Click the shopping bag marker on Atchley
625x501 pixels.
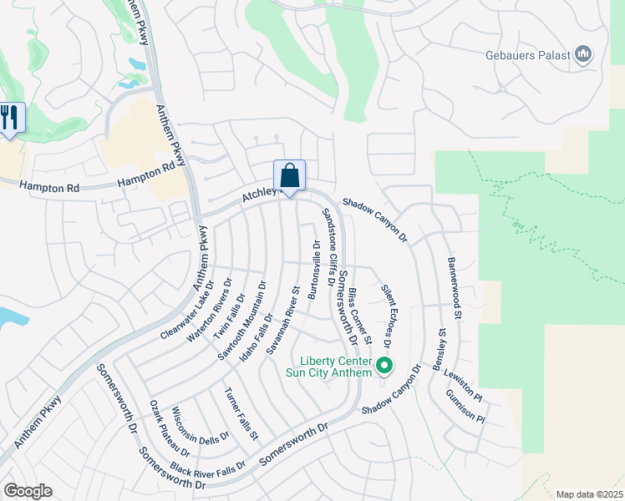point(289,177)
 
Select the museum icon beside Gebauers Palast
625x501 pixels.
point(583,56)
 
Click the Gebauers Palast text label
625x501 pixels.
point(527,57)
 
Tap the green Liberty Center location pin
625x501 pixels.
point(384,366)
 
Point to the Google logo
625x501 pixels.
point(28,491)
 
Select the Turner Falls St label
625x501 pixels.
point(241,413)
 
